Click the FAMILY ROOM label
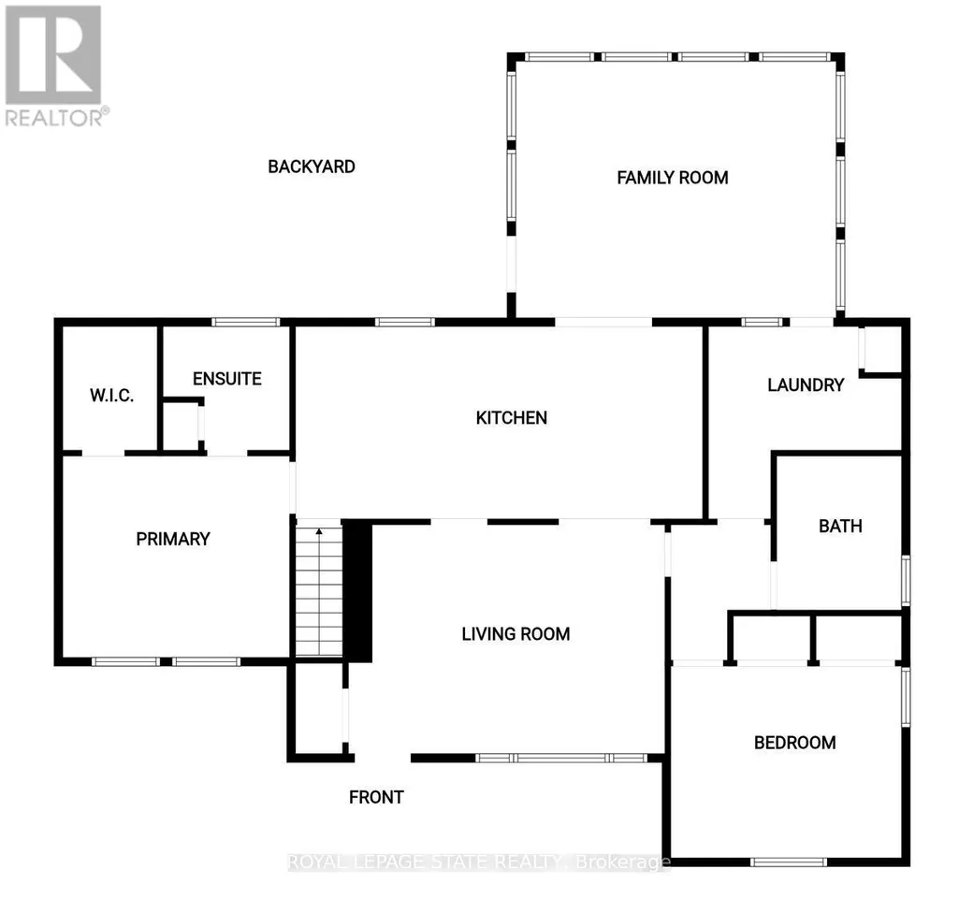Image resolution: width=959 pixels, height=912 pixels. (x=672, y=178)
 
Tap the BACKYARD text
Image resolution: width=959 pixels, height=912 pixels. (x=312, y=166)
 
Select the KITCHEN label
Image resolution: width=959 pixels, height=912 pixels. (x=511, y=418)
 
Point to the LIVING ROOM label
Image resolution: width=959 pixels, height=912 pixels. (x=516, y=634)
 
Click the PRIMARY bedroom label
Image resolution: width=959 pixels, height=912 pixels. (x=173, y=539)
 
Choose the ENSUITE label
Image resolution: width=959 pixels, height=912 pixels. (x=227, y=379)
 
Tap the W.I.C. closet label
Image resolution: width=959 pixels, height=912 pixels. (x=112, y=396)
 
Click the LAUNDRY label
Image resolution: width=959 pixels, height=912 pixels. (x=806, y=385)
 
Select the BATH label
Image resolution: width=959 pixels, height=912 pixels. (x=840, y=527)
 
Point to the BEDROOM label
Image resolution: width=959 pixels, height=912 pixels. (x=794, y=743)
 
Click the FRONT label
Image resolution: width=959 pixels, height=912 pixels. (x=376, y=797)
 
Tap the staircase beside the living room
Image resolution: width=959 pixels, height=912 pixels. (x=319, y=590)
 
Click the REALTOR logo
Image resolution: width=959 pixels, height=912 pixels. (x=54, y=65)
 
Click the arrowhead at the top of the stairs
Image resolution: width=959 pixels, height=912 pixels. (x=319, y=531)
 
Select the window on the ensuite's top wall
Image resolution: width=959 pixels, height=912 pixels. (x=245, y=322)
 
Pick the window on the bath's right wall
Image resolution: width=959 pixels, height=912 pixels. (x=906, y=581)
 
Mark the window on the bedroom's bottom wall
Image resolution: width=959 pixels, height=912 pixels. (x=789, y=861)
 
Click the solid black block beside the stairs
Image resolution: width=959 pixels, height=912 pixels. (x=357, y=590)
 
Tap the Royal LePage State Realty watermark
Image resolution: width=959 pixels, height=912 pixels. (x=479, y=861)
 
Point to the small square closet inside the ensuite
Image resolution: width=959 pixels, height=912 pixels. (x=182, y=426)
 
